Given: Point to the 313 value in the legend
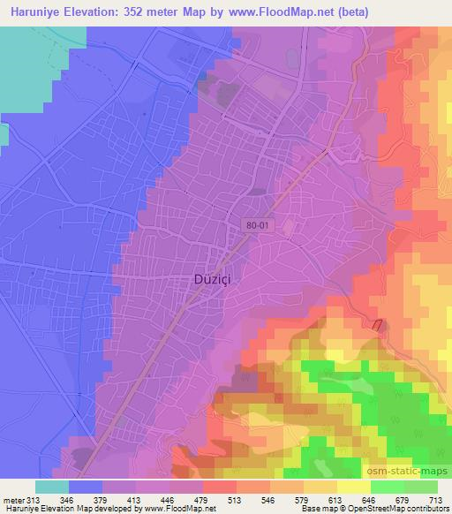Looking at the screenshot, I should tap(34, 499).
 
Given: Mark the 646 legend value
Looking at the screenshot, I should tap(370, 499).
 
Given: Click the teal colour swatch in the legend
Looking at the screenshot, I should tap(51, 487).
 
